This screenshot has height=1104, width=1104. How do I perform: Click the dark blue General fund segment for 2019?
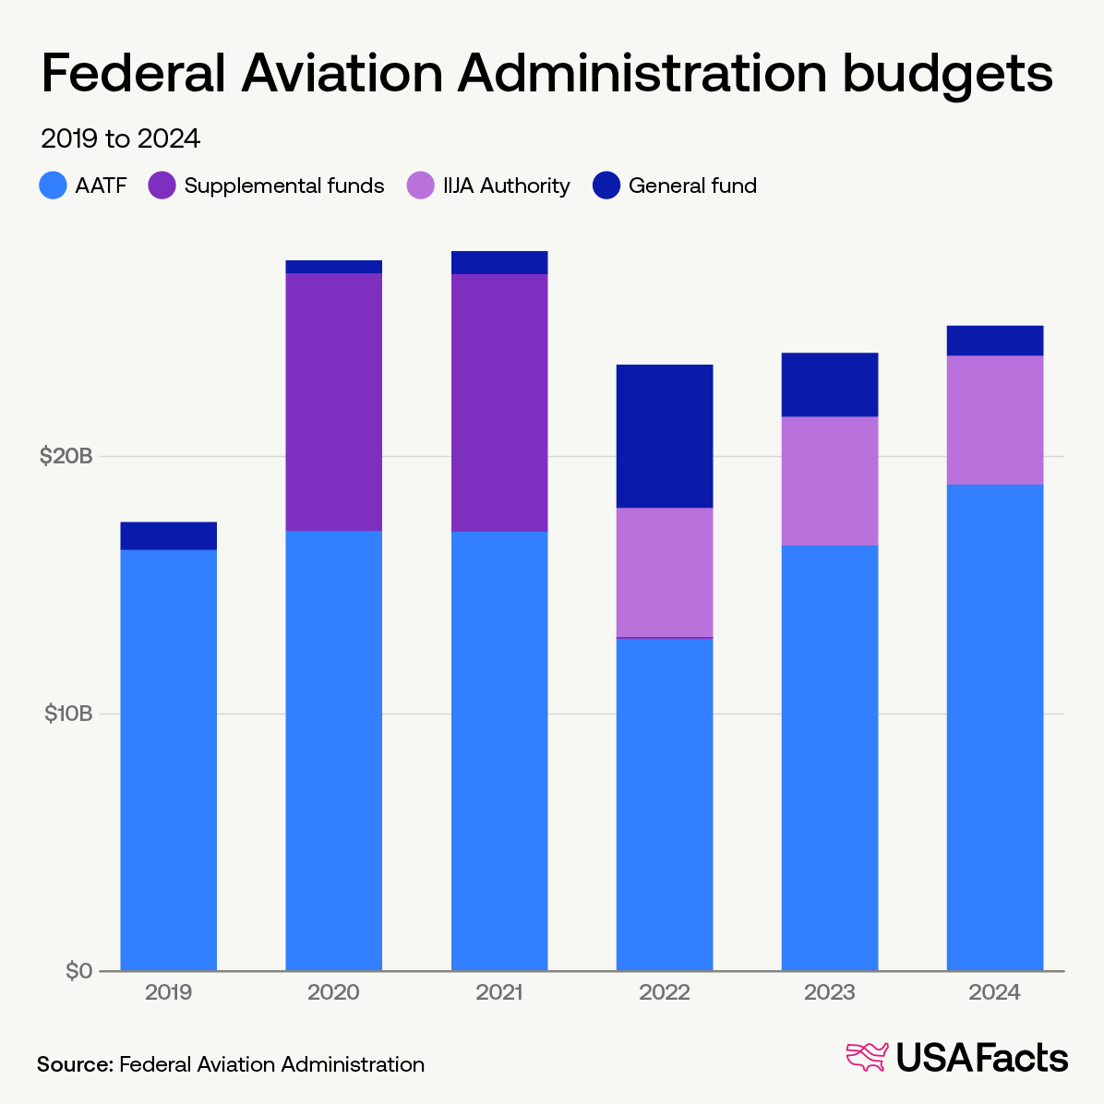coord(168,535)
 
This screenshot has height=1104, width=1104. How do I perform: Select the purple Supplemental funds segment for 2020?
coord(333,402)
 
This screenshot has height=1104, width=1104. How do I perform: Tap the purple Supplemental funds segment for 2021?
coord(498,402)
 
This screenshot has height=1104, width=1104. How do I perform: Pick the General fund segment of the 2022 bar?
coord(664,436)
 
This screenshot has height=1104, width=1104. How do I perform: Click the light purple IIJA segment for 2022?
coord(664,572)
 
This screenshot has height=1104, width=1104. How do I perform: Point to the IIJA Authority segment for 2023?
coord(829,481)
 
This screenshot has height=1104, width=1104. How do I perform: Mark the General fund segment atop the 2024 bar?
coord(994,341)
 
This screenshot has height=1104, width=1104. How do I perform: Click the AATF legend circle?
coord(54,186)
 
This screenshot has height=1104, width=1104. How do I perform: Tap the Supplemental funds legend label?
coord(283,186)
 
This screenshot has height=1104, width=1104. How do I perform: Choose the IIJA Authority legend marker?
coord(420,186)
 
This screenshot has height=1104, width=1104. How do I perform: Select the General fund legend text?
coord(692,186)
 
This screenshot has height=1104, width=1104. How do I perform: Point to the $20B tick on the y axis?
coord(66,456)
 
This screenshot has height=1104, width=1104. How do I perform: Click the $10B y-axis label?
coord(67,714)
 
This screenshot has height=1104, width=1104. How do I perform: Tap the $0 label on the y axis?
coord(78,971)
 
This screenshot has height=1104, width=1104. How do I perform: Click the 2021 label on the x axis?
coord(498,993)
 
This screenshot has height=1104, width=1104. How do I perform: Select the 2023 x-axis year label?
coord(829,993)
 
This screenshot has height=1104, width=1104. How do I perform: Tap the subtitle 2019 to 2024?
coord(120,138)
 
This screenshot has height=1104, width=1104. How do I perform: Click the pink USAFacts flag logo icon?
coord(867,1057)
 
